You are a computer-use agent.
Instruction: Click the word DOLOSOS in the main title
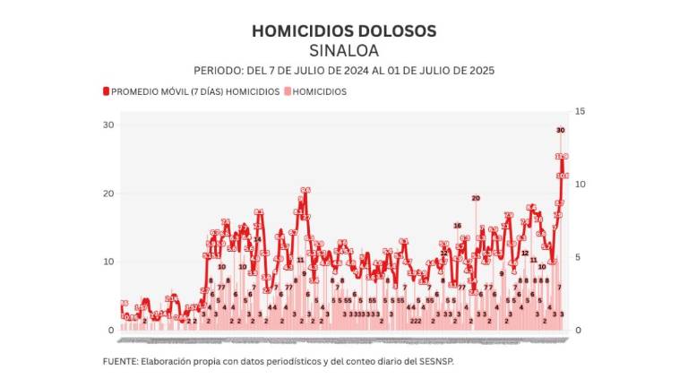point(391,30)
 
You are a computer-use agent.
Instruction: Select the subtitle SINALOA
point(344,50)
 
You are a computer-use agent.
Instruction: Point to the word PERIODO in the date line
point(217,70)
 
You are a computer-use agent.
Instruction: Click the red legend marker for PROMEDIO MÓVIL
point(106,91)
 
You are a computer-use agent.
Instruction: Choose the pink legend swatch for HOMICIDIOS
point(287,91)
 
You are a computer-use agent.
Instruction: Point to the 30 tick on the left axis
point(108,125)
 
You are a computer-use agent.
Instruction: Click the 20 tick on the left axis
point(108,193)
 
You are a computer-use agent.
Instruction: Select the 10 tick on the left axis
point(108,262)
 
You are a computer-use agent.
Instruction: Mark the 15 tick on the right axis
point(580,111)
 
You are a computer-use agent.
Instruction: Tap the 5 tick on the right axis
point(579,257)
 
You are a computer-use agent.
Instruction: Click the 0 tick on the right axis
point(579,331)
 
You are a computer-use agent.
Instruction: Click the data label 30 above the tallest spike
point(560,131)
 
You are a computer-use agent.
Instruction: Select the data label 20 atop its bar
point(476,198)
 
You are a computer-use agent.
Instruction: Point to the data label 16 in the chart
point(457,226)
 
